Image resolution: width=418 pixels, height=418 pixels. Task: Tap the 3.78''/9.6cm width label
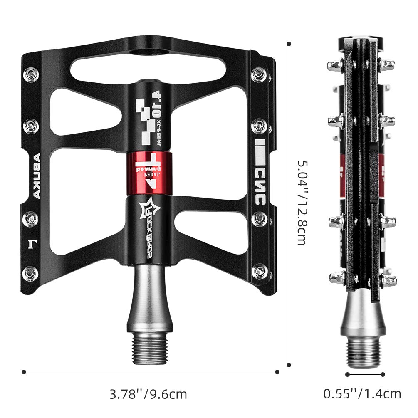coord(148,393)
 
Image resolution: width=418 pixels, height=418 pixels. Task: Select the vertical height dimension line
coord(289,204)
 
